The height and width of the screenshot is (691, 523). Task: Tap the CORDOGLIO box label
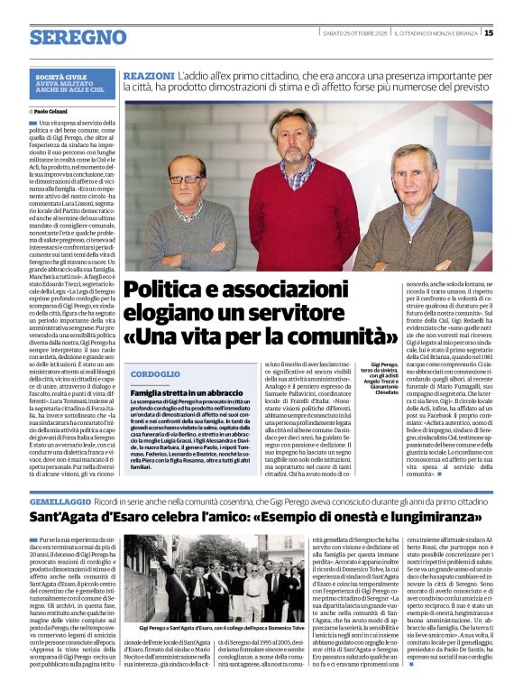(155, 373)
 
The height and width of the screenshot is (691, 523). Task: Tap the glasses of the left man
(187, 179)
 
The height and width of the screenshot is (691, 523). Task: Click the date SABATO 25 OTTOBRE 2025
(354, 33)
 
